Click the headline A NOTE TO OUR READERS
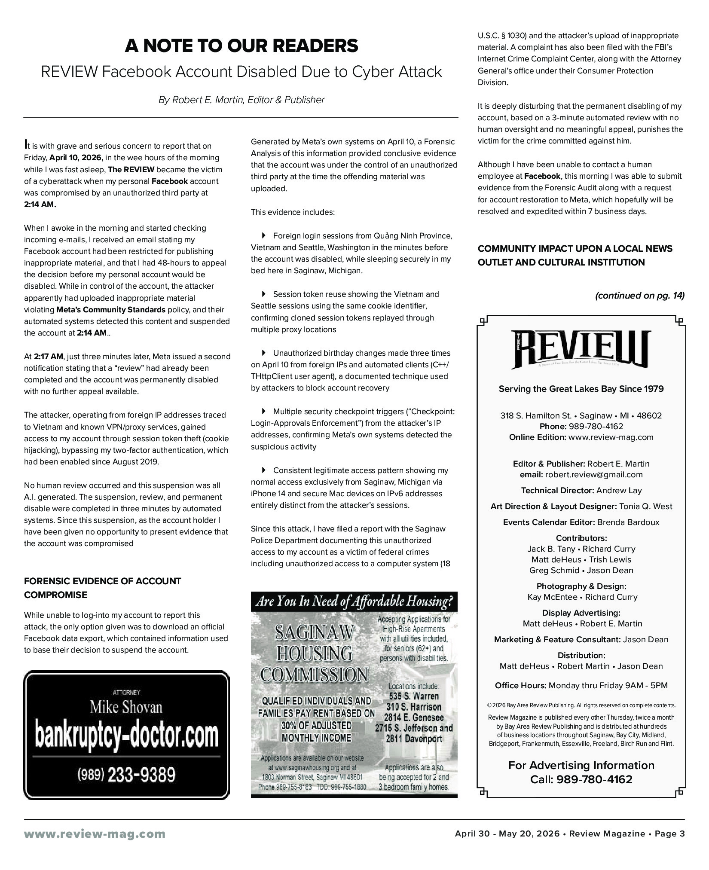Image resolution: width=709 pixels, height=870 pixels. (241, 46)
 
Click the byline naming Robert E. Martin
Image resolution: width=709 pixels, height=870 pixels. (241, 100)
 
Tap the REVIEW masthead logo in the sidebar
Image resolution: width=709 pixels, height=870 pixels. (581, 350)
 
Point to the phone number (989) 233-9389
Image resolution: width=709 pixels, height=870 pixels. (126, 775)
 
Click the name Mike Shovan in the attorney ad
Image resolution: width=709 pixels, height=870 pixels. (126, 707)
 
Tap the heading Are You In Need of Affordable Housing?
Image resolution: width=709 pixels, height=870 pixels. (354, 602)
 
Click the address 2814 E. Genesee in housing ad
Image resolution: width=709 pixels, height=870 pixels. (414, 717)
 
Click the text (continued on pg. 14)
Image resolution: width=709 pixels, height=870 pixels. (639, 296)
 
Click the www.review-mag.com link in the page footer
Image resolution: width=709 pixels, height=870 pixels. (95, 834)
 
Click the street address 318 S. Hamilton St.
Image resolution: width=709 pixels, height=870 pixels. (535, 415)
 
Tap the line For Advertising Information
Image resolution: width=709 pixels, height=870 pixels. (581, 765)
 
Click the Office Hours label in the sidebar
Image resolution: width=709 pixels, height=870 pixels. (520, 685)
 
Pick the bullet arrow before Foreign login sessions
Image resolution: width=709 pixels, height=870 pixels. (264, 235)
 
